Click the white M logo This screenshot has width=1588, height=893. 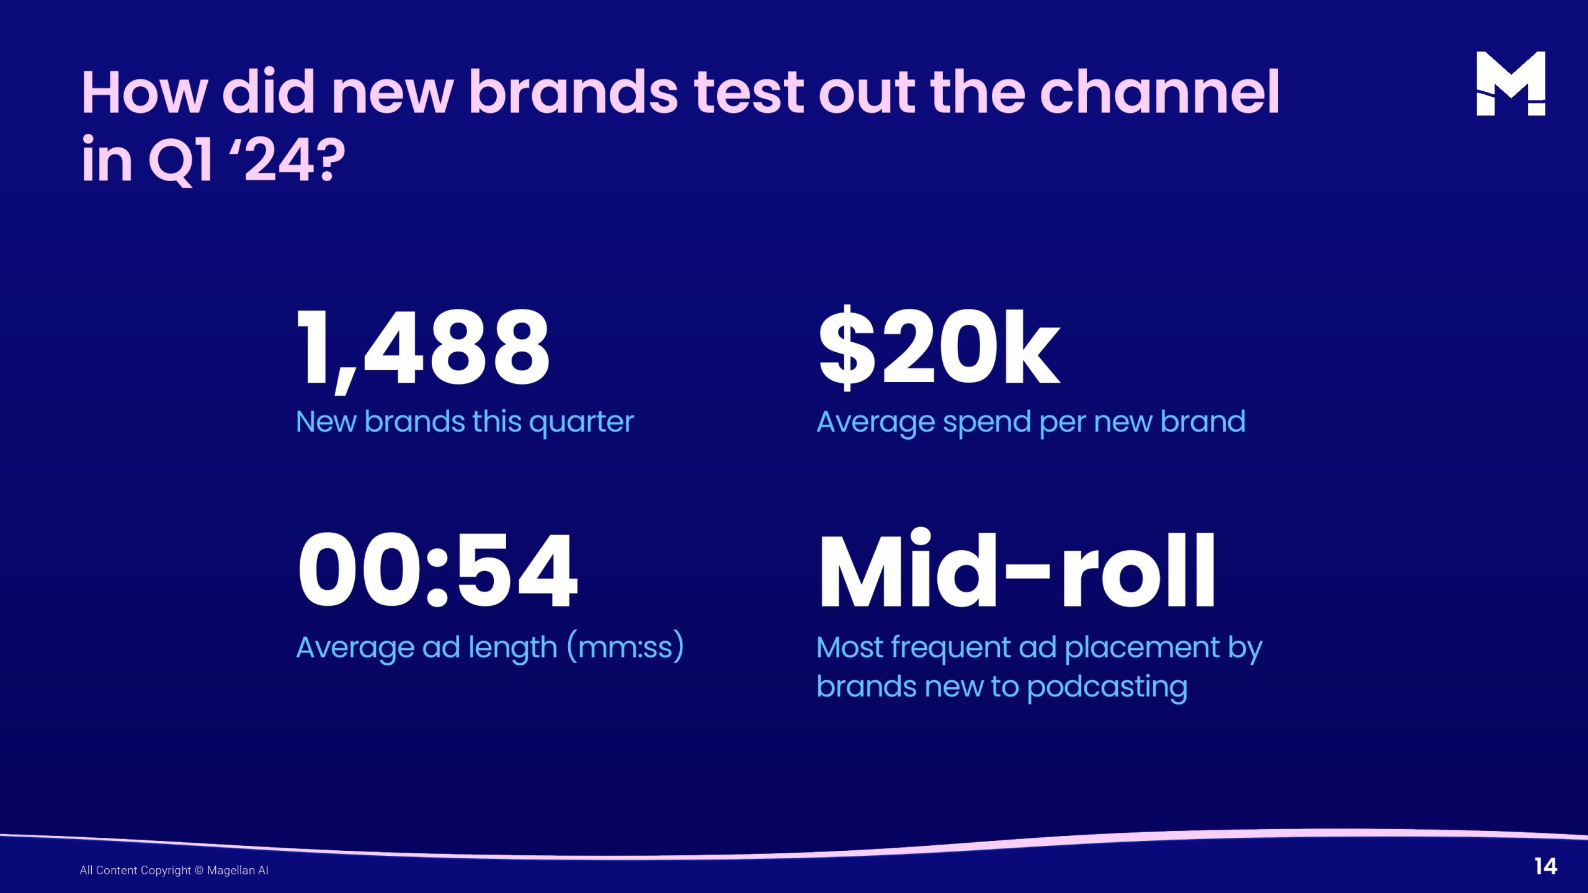coord(1510,83)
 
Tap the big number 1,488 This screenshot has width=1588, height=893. coord(423,350)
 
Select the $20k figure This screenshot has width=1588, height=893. coord(939,347)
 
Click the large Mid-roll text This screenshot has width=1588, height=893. coord(1017,568)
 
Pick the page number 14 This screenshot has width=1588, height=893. coord(1545,866)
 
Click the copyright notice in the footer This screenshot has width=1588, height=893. coord(174,870)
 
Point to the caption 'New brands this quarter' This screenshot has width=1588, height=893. coord(465,423)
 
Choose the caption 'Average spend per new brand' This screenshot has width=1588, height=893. coord(1031,423)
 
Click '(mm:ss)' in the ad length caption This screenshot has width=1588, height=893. coord(625,647)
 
